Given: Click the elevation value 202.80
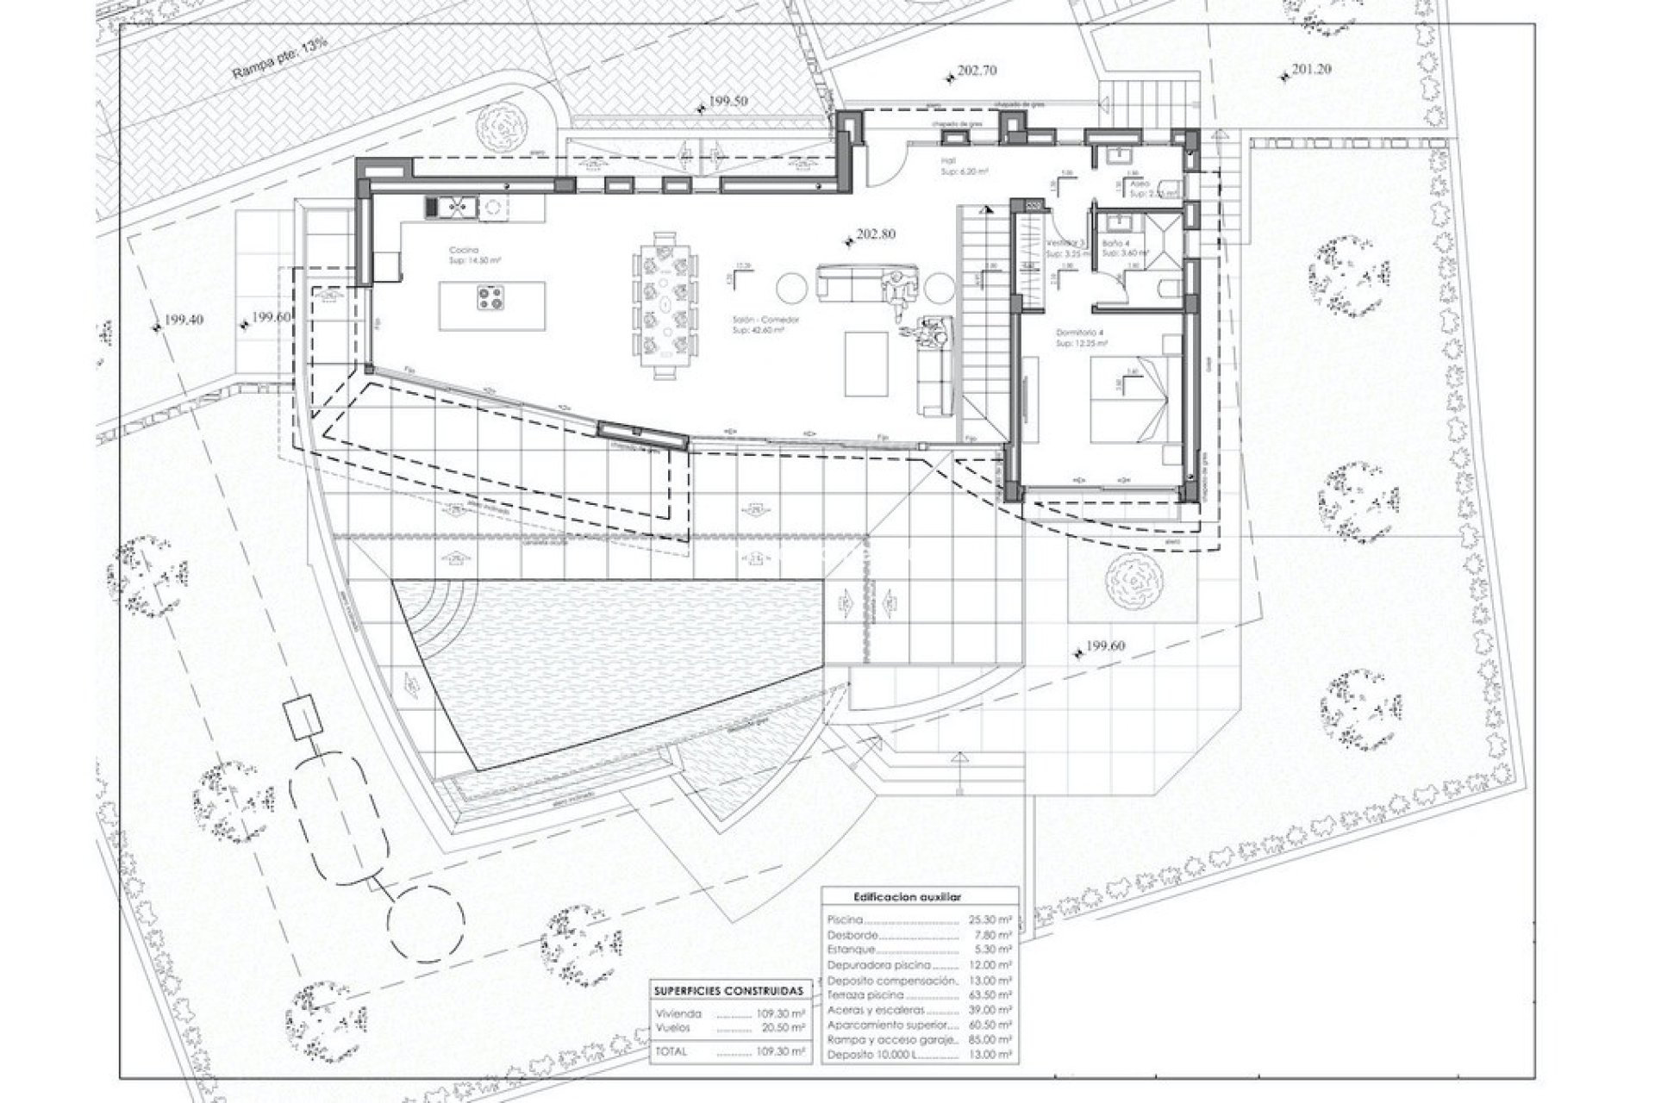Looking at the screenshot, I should point(876,234).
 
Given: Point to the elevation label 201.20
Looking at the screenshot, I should point(1312,69).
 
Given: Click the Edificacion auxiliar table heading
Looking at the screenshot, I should point(919,897).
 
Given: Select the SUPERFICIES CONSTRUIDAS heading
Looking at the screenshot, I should point(728,991).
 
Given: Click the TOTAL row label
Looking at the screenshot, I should point(672,1051).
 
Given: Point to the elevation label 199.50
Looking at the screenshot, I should point(728,101).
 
